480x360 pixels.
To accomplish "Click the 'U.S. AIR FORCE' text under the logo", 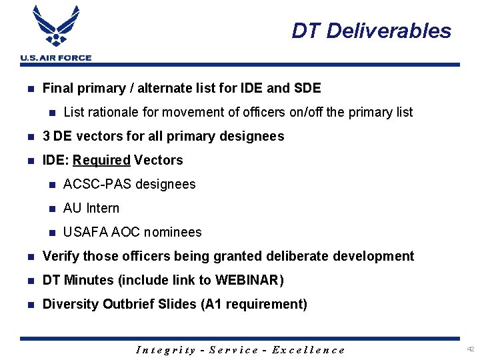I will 56,58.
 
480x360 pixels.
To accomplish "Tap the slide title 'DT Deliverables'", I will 371,31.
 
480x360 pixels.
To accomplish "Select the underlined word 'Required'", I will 101,160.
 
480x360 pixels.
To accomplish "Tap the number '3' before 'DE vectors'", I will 46,136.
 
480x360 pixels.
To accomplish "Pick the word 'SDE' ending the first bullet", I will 307,88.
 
